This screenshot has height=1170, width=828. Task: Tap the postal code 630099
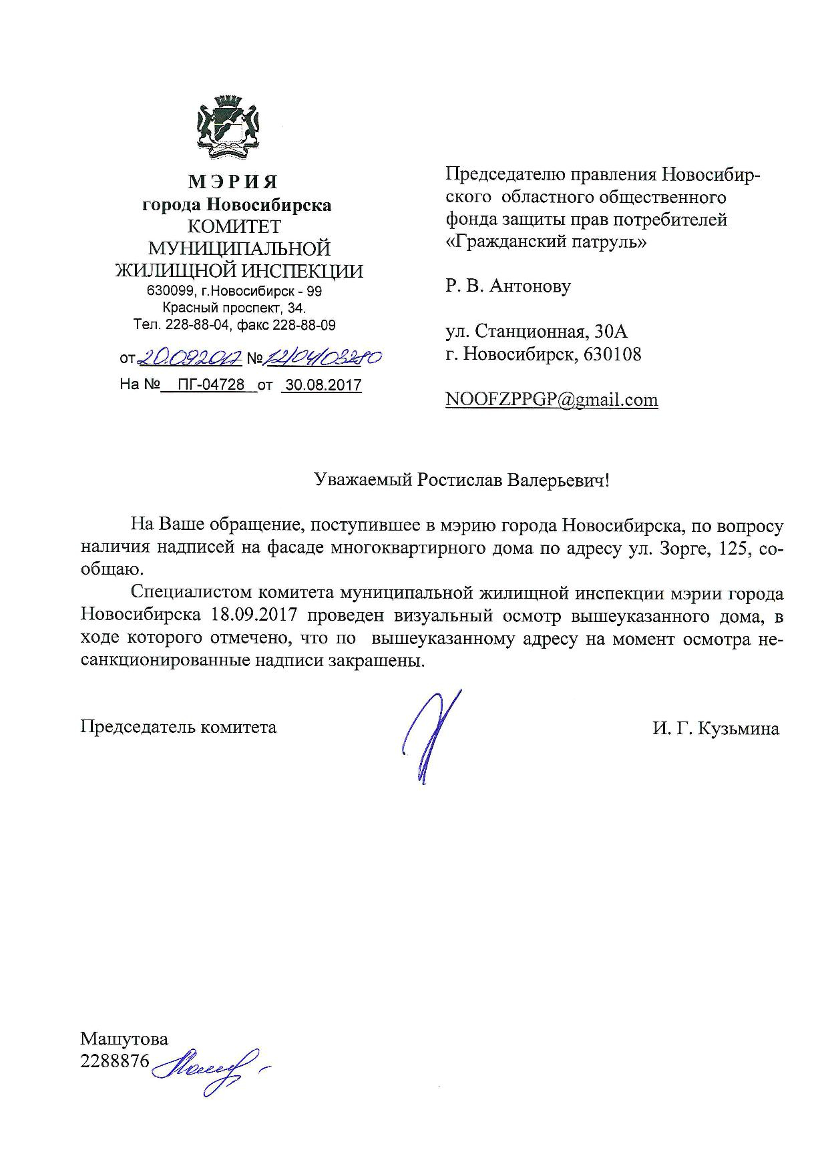pyautogui.click(x=169, y=292)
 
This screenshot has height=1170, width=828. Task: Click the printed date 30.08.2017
pyautogui.click(x=323, y=385)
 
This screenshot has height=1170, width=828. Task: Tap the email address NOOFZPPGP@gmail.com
pyautogui.click(x=552, y=400)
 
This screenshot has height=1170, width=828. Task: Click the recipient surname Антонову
pyautogui.click(x=531, y=286)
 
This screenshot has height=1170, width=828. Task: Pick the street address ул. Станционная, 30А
pyautogui.click(x=537, y=332)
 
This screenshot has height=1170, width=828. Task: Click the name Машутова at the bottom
pyautogui.click(x=124, y=1039)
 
